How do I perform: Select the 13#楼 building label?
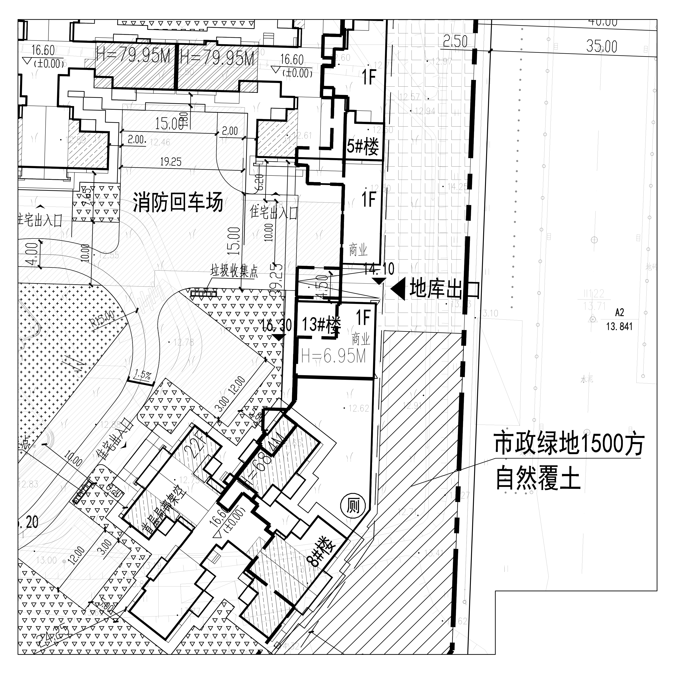321,324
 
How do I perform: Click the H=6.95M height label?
333,357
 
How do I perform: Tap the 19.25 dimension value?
171,162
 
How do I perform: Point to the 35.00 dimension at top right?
601,46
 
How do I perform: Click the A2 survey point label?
619,312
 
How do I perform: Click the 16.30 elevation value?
277,325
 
